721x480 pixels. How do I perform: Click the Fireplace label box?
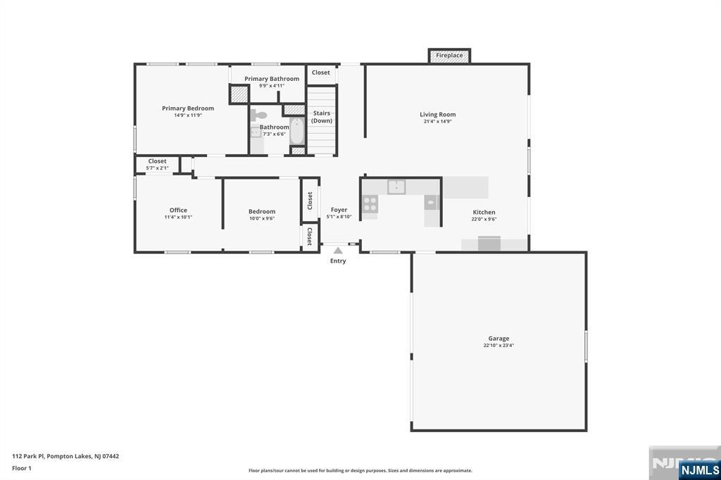click(449, 56)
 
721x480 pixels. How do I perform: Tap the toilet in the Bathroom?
click(259, 115)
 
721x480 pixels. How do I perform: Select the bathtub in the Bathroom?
click(297, 131)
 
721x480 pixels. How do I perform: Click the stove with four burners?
click(370, 204)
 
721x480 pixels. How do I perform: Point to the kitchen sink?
click(396, 187)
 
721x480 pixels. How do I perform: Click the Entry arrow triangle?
click(338, 251)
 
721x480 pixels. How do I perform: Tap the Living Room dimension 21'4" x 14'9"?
click(438, 121)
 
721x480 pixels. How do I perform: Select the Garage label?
click(499, 339)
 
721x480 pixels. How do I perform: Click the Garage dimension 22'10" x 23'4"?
click(499, 346)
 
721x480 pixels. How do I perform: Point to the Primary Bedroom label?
click(187, 108)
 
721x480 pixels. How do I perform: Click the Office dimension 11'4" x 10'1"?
click(178, 217)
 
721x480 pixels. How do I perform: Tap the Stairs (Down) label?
click(321, 117)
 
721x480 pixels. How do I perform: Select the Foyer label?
click(339, 210)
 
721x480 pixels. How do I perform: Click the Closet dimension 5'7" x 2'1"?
click(157, 168)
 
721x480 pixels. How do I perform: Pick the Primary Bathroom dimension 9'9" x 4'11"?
click(271, 86)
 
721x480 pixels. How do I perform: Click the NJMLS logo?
click(699, 469)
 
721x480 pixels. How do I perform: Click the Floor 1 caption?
click(22, 468)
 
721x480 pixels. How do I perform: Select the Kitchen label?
click(484, 212)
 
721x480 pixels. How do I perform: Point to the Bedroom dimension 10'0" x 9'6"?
click(262, 218)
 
